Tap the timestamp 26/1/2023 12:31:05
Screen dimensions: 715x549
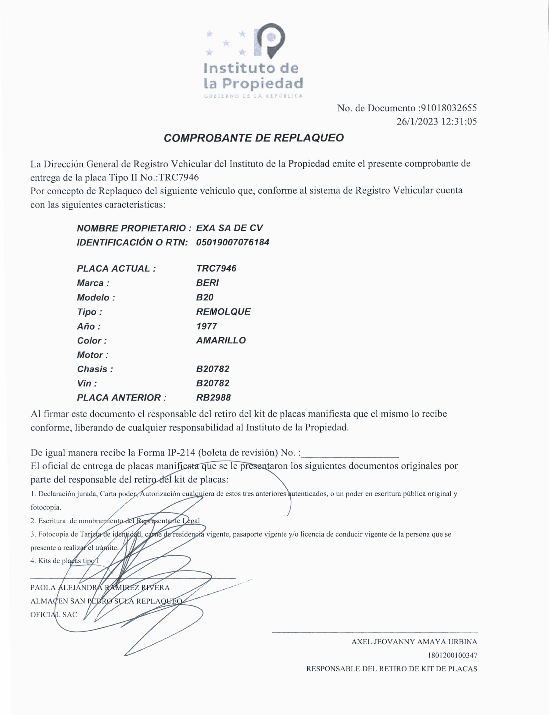(x=437, y=122)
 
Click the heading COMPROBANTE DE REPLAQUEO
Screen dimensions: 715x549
(x=254, y=138)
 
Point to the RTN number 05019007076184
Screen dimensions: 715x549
(x=233, y=242)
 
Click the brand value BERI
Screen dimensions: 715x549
(x=207, y=283)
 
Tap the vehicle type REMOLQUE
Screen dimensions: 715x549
(x=223, y=312)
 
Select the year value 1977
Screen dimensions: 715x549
(x=207, y=326)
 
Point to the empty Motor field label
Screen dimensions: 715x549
(x=92, y=355)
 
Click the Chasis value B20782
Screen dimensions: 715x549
(x=213, y=369)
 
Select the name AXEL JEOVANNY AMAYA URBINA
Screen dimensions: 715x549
(x=414, y=642)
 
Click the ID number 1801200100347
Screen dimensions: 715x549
(x=452, y=655)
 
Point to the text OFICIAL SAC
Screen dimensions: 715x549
(x=54, y=614)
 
